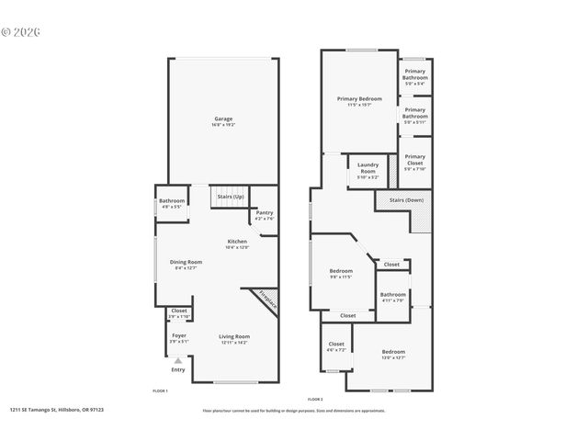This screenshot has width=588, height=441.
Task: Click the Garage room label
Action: click(x=223, y=120)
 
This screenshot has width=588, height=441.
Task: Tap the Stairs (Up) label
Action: click(x=231, y=196)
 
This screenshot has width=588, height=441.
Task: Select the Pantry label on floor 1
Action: click(x=264, y=214)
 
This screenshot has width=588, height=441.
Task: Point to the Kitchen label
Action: click(x=237, y=243)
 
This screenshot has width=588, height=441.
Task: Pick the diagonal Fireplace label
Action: click(x=266, y=299)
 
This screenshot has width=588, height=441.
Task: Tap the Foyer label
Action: click(x=179, y=337)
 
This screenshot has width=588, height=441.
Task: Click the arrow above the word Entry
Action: click(x=178, y=360)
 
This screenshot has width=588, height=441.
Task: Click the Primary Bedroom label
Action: click(x=359, y=100)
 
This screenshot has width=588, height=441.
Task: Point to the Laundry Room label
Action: click(x=367, y=169)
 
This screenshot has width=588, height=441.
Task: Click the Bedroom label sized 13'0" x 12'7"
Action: click(x=393, y=354)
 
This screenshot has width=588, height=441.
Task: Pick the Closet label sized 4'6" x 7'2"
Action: click(x=336, y=346)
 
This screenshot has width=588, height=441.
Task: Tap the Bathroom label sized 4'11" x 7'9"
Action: click(x=393, y=297)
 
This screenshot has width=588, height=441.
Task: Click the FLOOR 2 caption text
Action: click(x=315, y=398)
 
